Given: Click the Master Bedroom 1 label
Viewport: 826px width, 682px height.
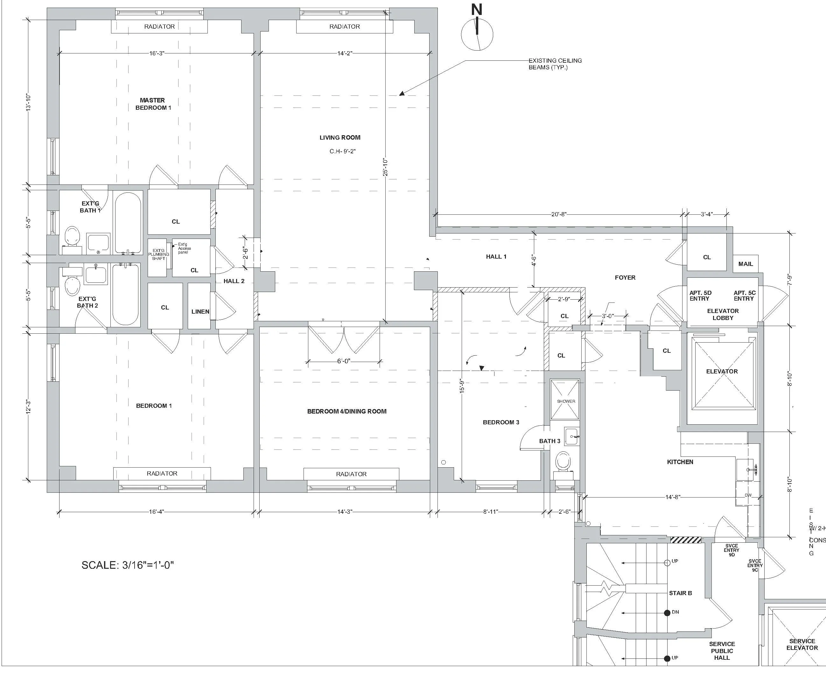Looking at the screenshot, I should click(153, 104).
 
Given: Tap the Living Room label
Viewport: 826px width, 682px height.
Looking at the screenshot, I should click(339, 137).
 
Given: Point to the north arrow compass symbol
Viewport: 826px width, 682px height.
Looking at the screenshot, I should click(477, 34).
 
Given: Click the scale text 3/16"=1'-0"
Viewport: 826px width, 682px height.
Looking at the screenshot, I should click(127, 565).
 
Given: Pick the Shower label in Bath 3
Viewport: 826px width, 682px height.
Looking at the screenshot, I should click(565, 401).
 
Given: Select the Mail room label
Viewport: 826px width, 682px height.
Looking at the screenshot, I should click(745, 264).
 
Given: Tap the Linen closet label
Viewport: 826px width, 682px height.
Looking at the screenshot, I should click(200, 311).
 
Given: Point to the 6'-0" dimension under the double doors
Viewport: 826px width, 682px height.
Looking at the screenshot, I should click(343, 361).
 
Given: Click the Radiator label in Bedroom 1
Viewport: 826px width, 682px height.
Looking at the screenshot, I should click(162, 473).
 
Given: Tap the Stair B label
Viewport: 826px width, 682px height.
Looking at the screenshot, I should click(680, 593).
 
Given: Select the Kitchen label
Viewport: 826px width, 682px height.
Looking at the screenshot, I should click(680, 462).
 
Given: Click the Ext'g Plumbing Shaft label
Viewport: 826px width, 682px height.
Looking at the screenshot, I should click(158, 254).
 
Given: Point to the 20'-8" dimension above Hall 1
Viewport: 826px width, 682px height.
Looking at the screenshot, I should click(558, 214).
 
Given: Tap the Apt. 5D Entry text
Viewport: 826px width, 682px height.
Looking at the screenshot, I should click(700, 296).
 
